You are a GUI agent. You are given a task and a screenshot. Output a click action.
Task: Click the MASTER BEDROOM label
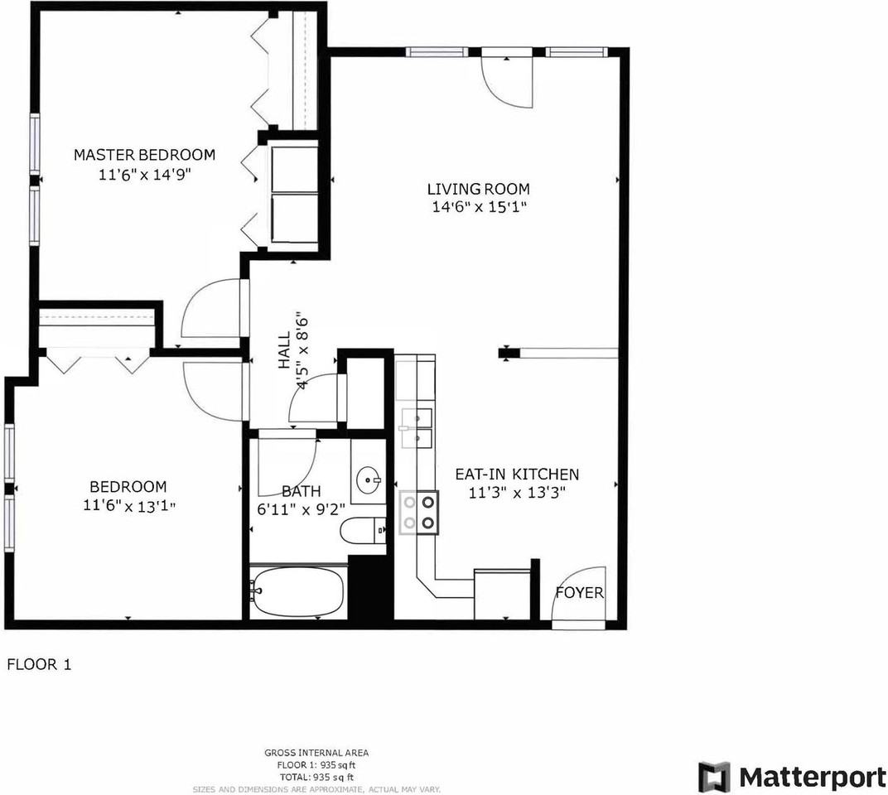(x=144, y=155)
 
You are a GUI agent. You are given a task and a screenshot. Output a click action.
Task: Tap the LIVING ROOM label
(x=478, y=189)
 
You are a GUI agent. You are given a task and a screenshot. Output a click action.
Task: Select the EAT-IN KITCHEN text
(x=516, y=475)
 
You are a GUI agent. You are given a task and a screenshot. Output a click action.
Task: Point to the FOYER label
(x=579, y=593)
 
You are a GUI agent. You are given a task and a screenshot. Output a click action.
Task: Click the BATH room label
(x=300, y=491)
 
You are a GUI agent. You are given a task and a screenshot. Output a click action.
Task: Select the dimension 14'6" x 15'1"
(x=478, y=207)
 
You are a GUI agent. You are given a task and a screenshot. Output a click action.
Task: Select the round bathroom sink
(x=369, y=479)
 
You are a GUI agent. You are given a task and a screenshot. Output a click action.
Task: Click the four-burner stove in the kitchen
(x=418, y=511)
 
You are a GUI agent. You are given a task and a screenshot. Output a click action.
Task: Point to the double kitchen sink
(x=417, y=427)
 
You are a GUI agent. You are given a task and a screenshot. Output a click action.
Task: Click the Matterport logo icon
(x=714, y=777)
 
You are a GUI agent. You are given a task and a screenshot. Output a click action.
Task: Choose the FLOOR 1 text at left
(x=39, y=664)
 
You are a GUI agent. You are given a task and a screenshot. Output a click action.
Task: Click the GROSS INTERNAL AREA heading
(x=316, y=753)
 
